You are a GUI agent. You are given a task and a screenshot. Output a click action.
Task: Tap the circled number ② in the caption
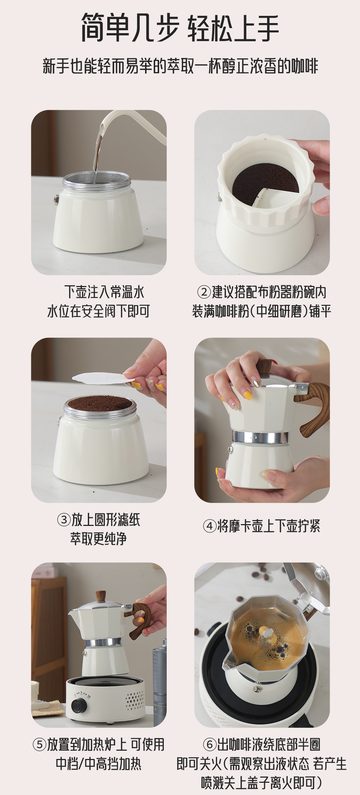pos(204,292)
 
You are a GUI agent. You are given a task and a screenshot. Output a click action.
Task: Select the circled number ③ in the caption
pos(64,520)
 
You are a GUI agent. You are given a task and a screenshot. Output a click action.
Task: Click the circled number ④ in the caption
pos(210,526)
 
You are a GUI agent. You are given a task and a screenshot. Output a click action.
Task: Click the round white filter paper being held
pos(103,378)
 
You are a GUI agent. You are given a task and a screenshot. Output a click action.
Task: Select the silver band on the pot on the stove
pos(103,643)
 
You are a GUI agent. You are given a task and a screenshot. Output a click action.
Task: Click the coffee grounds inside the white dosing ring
pos(265,185)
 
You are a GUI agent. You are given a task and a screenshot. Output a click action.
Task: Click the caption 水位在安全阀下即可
pos(98,311)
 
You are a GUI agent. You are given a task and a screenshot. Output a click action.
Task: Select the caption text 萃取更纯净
pos(98,539)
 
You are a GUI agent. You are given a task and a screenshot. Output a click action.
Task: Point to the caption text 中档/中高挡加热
pos(98,764)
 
